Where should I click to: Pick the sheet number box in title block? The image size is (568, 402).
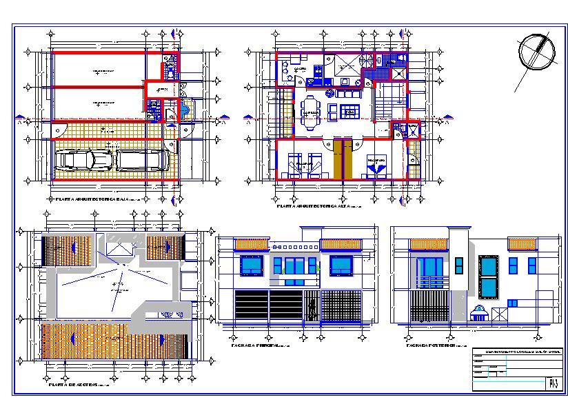click(x=551, y=382)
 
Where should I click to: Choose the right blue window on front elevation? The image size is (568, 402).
click(x=341, y=265)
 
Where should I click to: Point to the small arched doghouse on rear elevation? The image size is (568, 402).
click(x=479, y=314)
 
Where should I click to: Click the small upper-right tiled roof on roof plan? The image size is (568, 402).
click(x=164, y=246)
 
